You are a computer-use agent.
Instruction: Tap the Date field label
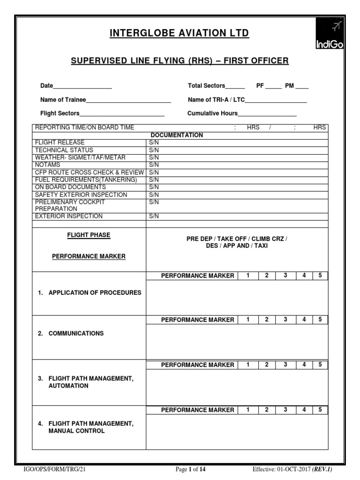[46, 86]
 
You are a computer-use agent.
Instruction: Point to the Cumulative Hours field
[267, 113]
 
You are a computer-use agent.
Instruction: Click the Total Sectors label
[206, 86]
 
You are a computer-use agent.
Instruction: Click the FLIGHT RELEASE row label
[60, 142]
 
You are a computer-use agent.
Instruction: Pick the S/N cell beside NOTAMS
[154, 165]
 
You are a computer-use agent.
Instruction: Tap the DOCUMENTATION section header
[177, 135]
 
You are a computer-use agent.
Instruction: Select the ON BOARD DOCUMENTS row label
[70, 187]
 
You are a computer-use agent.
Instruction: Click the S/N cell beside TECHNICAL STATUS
[154, 150]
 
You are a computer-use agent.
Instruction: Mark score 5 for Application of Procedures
[320, 276]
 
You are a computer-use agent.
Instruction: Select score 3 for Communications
[285, 320]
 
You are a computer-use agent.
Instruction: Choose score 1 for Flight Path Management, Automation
[247, 365]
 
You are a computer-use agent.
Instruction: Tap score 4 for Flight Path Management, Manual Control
[304, 410]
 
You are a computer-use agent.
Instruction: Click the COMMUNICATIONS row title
[76, 333]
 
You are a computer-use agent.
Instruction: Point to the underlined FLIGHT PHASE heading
[89, 235]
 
